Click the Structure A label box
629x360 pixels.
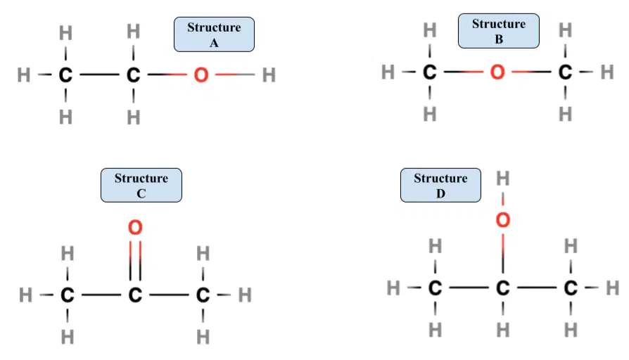tap(214, 34)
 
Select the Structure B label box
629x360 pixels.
tap(499, 31)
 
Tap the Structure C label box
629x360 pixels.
tap(141, 185)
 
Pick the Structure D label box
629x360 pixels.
tap(440, 185)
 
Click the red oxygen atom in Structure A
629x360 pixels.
tap(201, 75)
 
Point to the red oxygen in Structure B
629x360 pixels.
tap(497, 72)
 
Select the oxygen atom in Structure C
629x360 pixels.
tap(135, 227)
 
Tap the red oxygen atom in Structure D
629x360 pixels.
tap(502, 220)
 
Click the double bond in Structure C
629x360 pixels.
tap(135, 261)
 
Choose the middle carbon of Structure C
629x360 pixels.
tap(135, 295)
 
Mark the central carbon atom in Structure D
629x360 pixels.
tap(502, 288)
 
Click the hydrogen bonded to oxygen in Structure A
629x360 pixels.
tap(269, 75)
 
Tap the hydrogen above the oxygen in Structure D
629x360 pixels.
tap(502, 179)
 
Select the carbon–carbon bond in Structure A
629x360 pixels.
tap(99, 75)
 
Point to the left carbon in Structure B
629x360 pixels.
tap(430, 72)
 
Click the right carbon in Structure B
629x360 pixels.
tap(565, 72)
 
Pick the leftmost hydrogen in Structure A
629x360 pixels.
tap(24, 75)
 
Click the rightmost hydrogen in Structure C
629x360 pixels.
tap(245, 295)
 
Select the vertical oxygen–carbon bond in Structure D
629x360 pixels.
tap(503, 253)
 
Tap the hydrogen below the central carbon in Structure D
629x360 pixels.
tap(502, 330)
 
